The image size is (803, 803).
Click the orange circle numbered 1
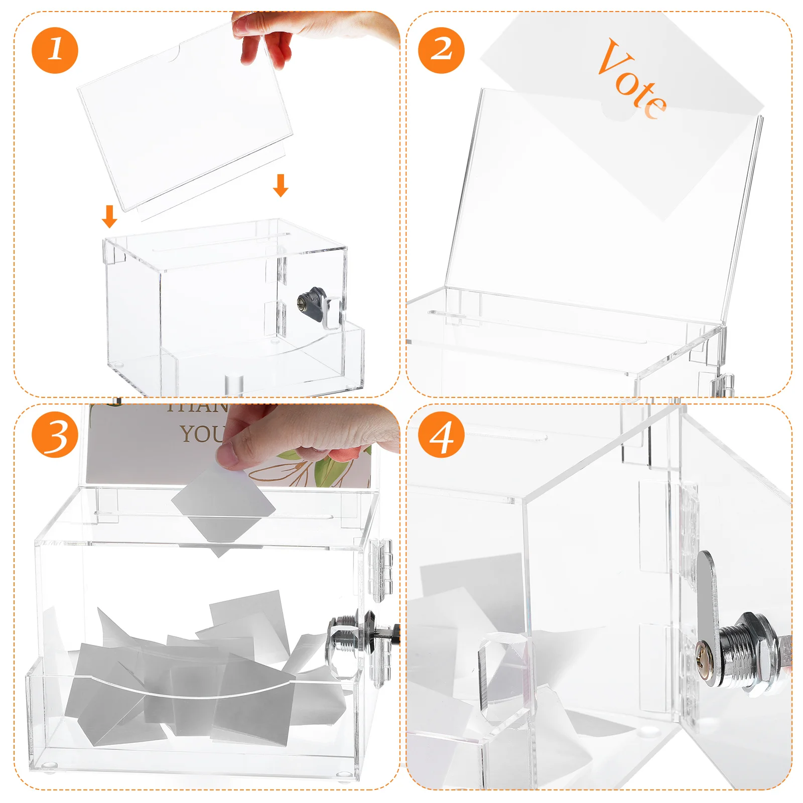coord(55,51)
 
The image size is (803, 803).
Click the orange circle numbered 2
coord(441,51)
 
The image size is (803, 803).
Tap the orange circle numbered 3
coord(55,435)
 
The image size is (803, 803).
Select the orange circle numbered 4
coord(441,435)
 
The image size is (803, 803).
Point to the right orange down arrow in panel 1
coord(281,185)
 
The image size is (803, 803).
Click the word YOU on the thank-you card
coord(201,434)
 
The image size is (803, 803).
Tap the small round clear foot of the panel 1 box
coord(234,384)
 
